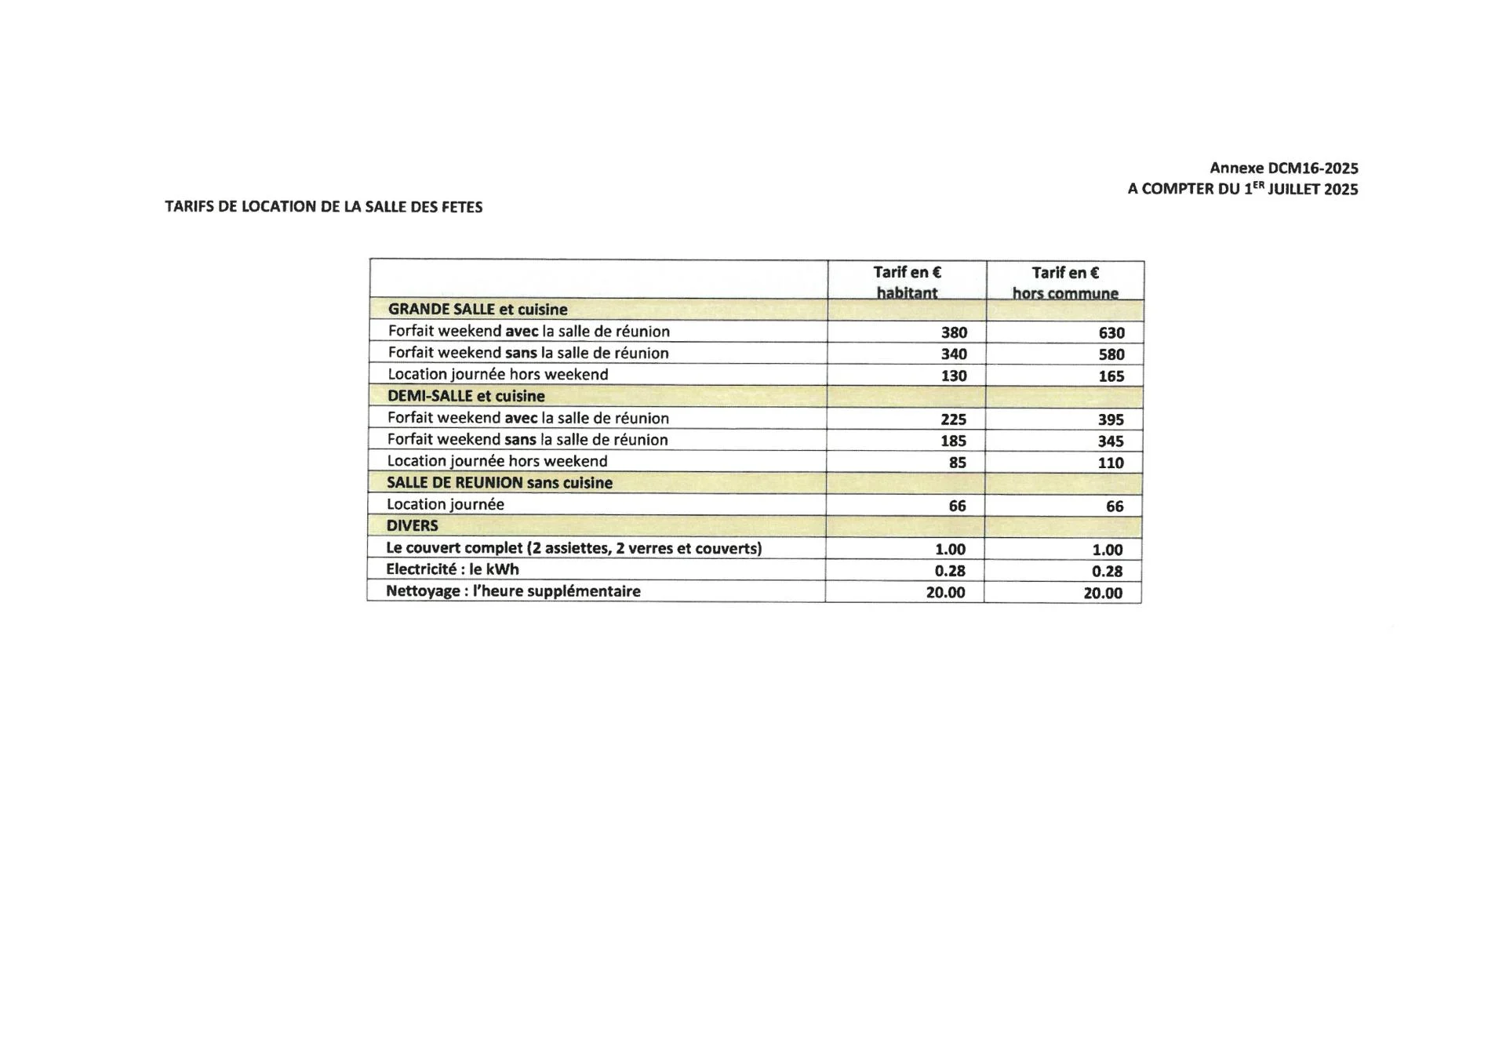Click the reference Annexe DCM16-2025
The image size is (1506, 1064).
(x=1283, y=168)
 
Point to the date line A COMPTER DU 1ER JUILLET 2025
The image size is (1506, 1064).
(x=1242, y=189)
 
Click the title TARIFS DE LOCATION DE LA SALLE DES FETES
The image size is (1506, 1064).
(x=323, y=207)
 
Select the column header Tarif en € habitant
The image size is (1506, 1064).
(x=907, y=282)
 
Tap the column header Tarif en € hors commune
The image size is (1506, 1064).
(x=1064, y=282)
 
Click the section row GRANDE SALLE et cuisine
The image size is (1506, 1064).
(x=477, y=310)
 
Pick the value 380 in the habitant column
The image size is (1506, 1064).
(x=954, y=332)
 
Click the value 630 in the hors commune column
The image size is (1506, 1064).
(x=1111, y=333)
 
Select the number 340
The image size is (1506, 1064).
(x=954, y=354)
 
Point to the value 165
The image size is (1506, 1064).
(x=1111, y=376)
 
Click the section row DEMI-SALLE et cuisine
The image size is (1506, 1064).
(x=466, y=396)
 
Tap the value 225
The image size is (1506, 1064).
(x=953, y=419)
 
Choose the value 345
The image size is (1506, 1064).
(x=1111, y=441)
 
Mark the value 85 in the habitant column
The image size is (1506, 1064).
(x=957, y=463)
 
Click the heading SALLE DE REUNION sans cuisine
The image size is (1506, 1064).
(x=499, y=483)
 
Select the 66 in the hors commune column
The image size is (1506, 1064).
(x=1115, y=507)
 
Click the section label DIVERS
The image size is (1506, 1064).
(x=412, y=525)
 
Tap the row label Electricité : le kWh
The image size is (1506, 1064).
(x=452, y=569)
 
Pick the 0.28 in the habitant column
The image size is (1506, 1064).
(x=950, y=571)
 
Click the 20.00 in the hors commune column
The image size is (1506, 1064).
(x=1103, y=594)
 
